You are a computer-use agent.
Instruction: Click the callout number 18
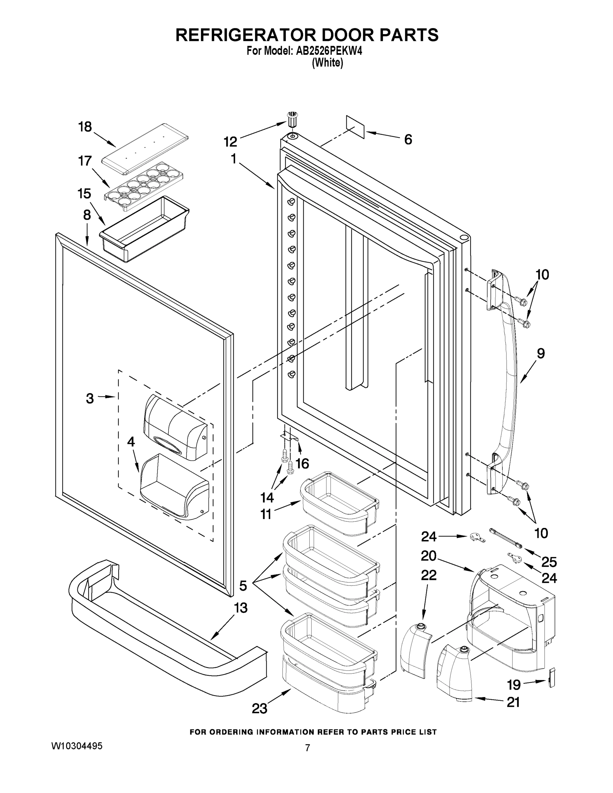[85, 127]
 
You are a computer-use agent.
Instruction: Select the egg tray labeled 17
[144, 186]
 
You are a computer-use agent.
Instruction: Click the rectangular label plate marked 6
[355, 127]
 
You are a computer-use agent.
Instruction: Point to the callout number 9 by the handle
[540, 353]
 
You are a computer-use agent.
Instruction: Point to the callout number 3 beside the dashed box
[90, 398]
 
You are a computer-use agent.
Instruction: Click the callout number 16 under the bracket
[302, 464]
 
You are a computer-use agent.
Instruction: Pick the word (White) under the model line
[327, 62]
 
